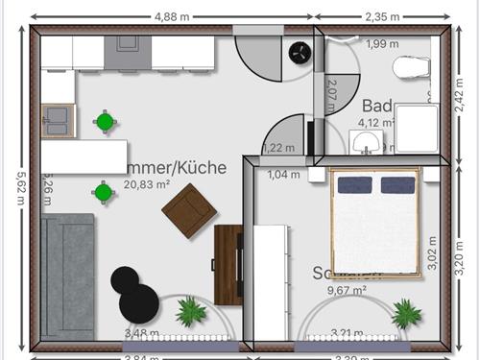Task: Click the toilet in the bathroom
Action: [412, 67]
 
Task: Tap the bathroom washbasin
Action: [365, 143]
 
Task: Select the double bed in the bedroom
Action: [375, 222]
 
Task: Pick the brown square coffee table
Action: [189, 209]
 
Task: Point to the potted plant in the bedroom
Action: [406, 312]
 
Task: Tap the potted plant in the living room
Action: [191, 311]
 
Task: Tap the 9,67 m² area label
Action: [347, 289]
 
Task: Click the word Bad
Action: [377, 106]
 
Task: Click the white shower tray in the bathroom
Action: [415, 129]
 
